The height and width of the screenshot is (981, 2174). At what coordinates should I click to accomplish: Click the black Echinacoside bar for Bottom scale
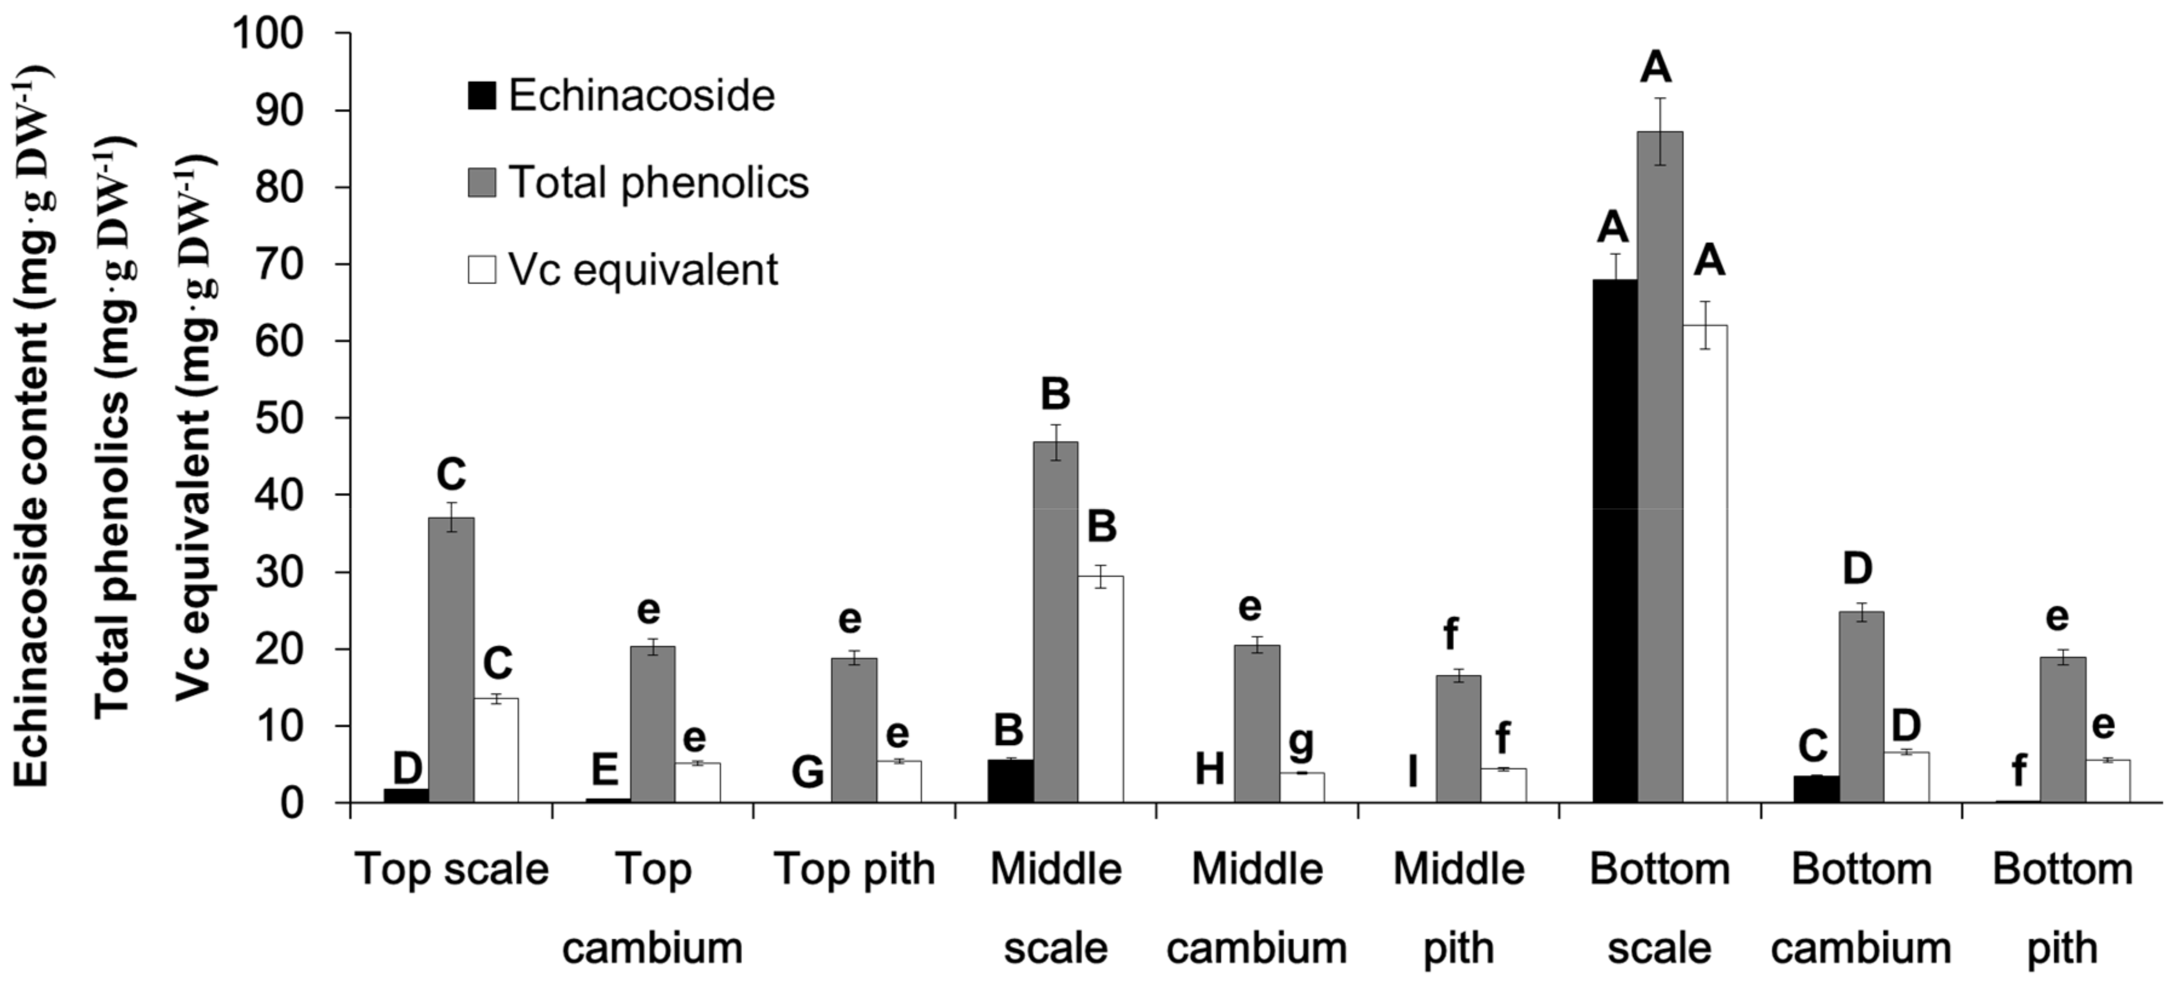1615,540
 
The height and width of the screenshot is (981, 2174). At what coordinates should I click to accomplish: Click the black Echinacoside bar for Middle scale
1010,781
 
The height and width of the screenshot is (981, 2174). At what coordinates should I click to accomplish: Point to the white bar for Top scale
496,750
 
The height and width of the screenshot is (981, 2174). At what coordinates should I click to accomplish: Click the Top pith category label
854,870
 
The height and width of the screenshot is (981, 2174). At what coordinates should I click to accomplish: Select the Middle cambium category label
1257,908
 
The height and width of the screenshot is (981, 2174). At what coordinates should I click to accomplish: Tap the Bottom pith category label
2062,908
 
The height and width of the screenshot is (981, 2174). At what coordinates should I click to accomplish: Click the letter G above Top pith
808,771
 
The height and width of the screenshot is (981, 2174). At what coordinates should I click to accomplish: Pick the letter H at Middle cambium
1210,769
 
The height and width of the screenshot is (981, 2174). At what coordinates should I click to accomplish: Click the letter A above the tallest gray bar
1655,68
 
